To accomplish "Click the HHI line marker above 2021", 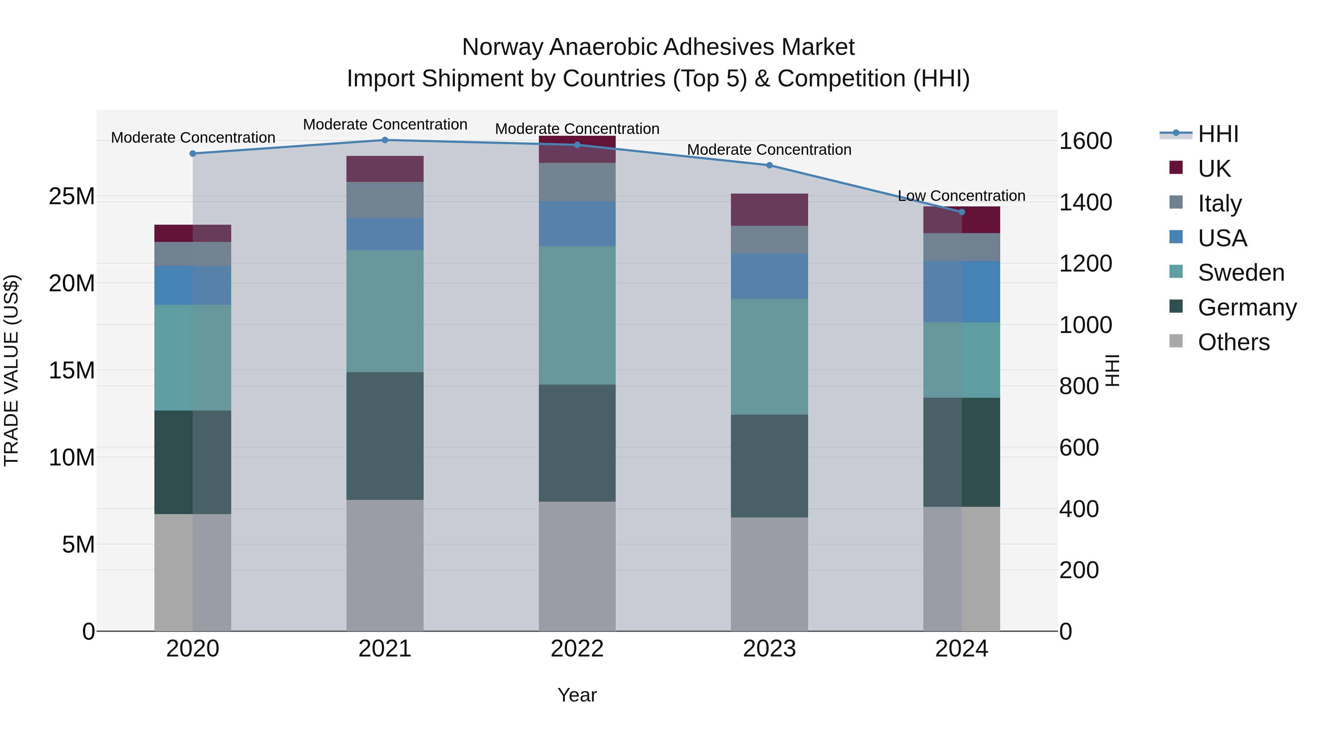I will point(385,140).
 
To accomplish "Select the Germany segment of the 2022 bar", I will point(577,443).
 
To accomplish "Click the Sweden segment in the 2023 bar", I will point(769,356).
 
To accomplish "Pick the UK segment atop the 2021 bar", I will point(385,169).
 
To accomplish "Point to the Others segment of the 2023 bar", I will point(769,574).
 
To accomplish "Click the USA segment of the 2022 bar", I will point(577,224).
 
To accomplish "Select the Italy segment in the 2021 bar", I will point(385,200).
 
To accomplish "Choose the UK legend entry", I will point(1214,168).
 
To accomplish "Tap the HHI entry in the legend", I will point(1218,134).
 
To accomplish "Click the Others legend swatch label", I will point(1233,342).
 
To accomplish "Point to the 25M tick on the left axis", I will point(72,197).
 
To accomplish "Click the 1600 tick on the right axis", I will point(1085,141).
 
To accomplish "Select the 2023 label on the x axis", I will point(769,649).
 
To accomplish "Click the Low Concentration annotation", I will point(961,196).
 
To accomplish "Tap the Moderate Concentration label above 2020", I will point(193,138).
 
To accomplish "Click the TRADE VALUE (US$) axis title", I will point(11,370).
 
